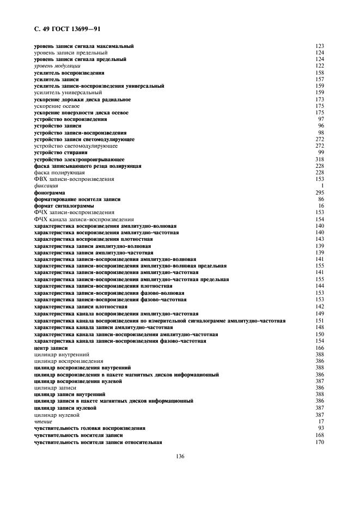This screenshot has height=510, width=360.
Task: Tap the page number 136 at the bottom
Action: (179, 456)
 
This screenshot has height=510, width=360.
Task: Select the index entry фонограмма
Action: (50, 192)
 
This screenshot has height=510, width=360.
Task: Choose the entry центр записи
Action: (52, 347)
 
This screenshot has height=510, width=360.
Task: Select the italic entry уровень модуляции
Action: (57, 65)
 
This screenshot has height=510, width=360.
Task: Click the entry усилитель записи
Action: (56, 79)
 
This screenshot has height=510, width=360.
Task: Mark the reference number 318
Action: (320, 159)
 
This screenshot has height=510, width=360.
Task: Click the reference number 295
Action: (320, 192)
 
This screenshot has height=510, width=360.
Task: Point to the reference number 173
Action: (320, 99)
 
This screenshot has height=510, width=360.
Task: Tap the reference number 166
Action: (320, 347)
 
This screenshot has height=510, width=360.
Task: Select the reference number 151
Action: (320, 320)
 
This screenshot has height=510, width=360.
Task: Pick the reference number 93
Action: (321, 428)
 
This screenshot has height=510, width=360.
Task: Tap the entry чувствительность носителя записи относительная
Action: (97, 441)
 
